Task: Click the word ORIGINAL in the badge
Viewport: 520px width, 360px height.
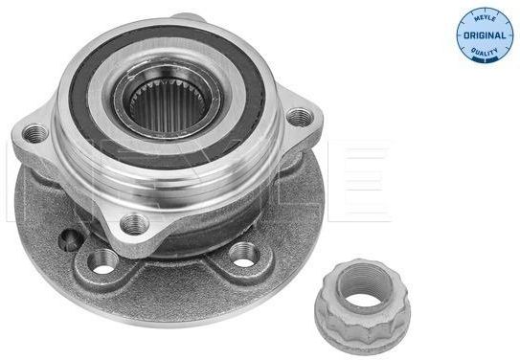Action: tap(485, 35)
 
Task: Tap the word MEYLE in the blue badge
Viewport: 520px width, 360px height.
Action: tap(485, 18)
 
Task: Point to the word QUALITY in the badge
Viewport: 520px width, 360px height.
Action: tap(485, 52)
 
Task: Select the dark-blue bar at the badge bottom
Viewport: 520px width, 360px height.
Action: tap(485, 60)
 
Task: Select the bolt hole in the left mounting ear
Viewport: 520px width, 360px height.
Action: tap(34, 133)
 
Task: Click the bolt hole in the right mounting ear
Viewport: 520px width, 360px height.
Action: tap(300, 118)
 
